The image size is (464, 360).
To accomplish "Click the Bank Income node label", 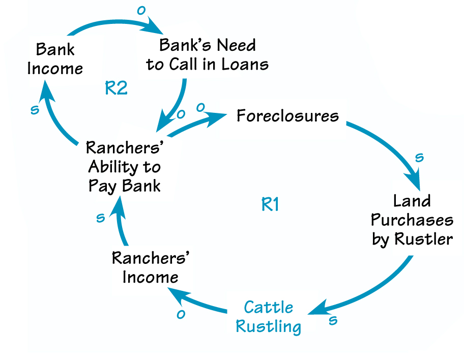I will tap(55, 59).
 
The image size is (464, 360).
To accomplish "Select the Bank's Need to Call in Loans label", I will tap(207, 55).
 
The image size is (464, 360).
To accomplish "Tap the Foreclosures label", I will tap(287, 116).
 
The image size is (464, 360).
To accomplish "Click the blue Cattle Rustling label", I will tap(269, 317).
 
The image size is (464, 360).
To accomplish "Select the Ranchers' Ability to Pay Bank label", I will tap(124, 167).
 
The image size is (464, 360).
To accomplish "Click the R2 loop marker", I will tap(116, 88).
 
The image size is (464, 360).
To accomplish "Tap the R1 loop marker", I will tap(270, 205).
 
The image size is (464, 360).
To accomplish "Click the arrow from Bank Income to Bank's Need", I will tap(112, 23).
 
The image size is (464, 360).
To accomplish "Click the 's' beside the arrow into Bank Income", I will tap(35, 110).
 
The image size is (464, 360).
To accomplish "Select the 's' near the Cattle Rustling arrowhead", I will tap(333, 320).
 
